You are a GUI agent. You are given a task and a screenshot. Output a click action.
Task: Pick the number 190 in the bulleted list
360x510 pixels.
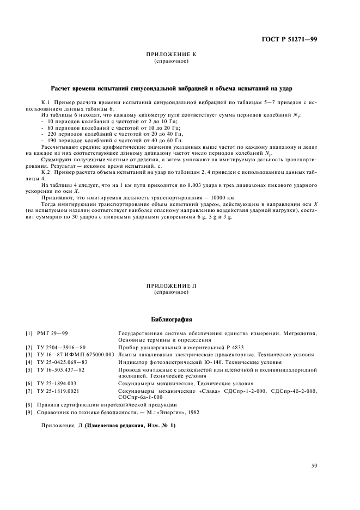point(54,141)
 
